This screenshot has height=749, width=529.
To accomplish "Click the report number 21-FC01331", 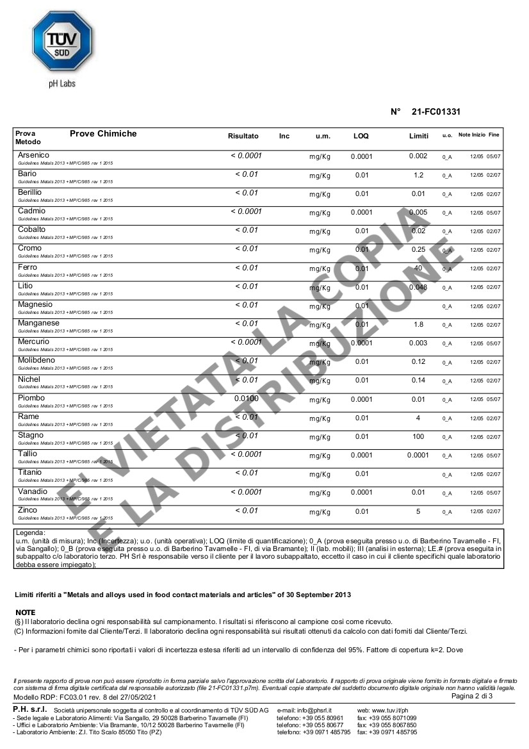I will point(435,111).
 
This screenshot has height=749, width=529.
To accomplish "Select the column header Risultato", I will point(243,136).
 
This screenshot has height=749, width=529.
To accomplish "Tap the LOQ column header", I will point(361,136).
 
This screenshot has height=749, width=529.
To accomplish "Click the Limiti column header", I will point(419,136).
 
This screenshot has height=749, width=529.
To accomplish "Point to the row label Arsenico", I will point(34,156).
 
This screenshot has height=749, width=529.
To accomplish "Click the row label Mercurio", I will point(34,342).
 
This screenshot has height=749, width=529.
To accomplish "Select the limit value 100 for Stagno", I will point(418,436).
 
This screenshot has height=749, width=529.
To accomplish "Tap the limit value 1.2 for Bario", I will point(418,175).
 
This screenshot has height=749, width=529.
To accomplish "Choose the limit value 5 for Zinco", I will point(418,511).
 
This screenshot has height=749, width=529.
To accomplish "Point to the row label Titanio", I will point(30,472).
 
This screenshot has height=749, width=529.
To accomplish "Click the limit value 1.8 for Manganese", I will point(418,324).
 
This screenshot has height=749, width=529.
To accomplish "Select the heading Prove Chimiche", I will point(103,133).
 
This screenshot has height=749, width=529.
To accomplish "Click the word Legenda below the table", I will point(30,532).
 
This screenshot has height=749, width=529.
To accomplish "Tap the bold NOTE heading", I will point(25,613).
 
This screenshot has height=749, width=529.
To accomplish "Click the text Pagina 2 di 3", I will point(472,696).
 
